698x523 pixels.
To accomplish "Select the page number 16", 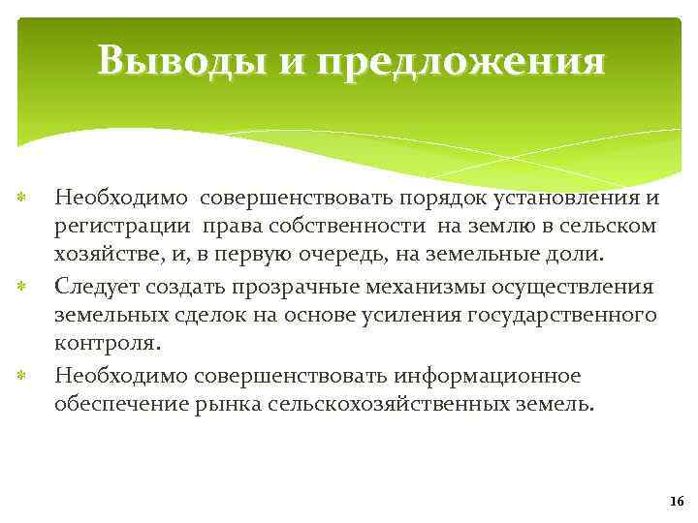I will [x=676, y=500].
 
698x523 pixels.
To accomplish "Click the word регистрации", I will [x=124, y=228].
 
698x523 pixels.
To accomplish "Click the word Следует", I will [x=96, y=287].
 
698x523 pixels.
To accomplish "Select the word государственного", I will [x=561, y=316].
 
